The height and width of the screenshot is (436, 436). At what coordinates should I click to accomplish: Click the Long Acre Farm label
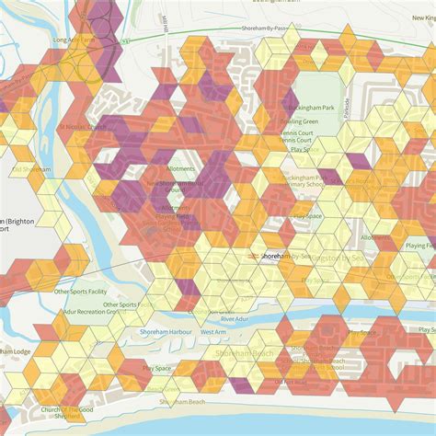(x=73, y=40)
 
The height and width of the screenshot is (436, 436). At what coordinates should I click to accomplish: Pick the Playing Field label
(x=419, y=246)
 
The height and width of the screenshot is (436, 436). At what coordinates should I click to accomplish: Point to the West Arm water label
(x=213, y=331)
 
